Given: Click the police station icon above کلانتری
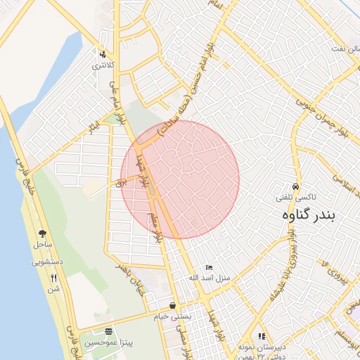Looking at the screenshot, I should pos(103,54).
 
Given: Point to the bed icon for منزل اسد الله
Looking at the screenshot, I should pos(208,268).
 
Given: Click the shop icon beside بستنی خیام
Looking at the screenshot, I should pos(173,306).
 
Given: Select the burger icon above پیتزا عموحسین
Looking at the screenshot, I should pos(108,331).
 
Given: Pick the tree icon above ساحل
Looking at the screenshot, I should pos(43,233).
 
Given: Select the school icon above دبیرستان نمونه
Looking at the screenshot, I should pos(262,336).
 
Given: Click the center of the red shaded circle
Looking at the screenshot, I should pos(180,179).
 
